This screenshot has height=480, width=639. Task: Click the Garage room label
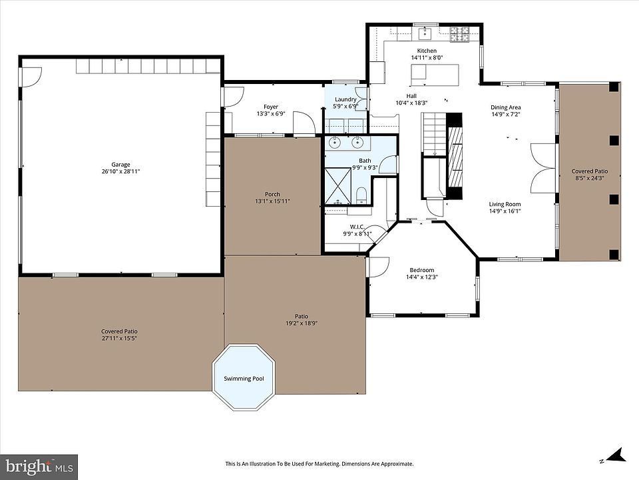pos(120,165)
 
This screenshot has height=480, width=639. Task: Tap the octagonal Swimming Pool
pos(244,377)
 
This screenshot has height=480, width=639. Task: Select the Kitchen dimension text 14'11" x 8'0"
pos(427,57)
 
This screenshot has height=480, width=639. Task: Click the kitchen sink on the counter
pos(425,33)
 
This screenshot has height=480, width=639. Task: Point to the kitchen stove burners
pos(460,34)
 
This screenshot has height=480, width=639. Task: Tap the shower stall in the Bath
pos(338,186)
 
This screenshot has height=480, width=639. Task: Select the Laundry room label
pos(345,99)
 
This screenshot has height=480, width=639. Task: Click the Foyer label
pos(271,107)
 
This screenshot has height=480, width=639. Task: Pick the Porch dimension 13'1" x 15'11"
pos(272,201)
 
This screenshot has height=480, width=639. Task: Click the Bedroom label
pos(422,270)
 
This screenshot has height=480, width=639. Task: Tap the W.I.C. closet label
pos(357,227)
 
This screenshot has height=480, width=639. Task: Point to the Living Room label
pos(505,204)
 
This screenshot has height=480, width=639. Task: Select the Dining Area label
pos(505,107)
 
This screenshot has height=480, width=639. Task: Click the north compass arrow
pos(616,455)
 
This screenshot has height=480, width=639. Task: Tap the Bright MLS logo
pos(39,466)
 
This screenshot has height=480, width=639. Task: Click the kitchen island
pos(435,75)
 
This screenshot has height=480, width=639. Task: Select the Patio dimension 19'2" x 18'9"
pos(302,323)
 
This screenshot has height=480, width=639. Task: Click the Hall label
pos(411,96)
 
